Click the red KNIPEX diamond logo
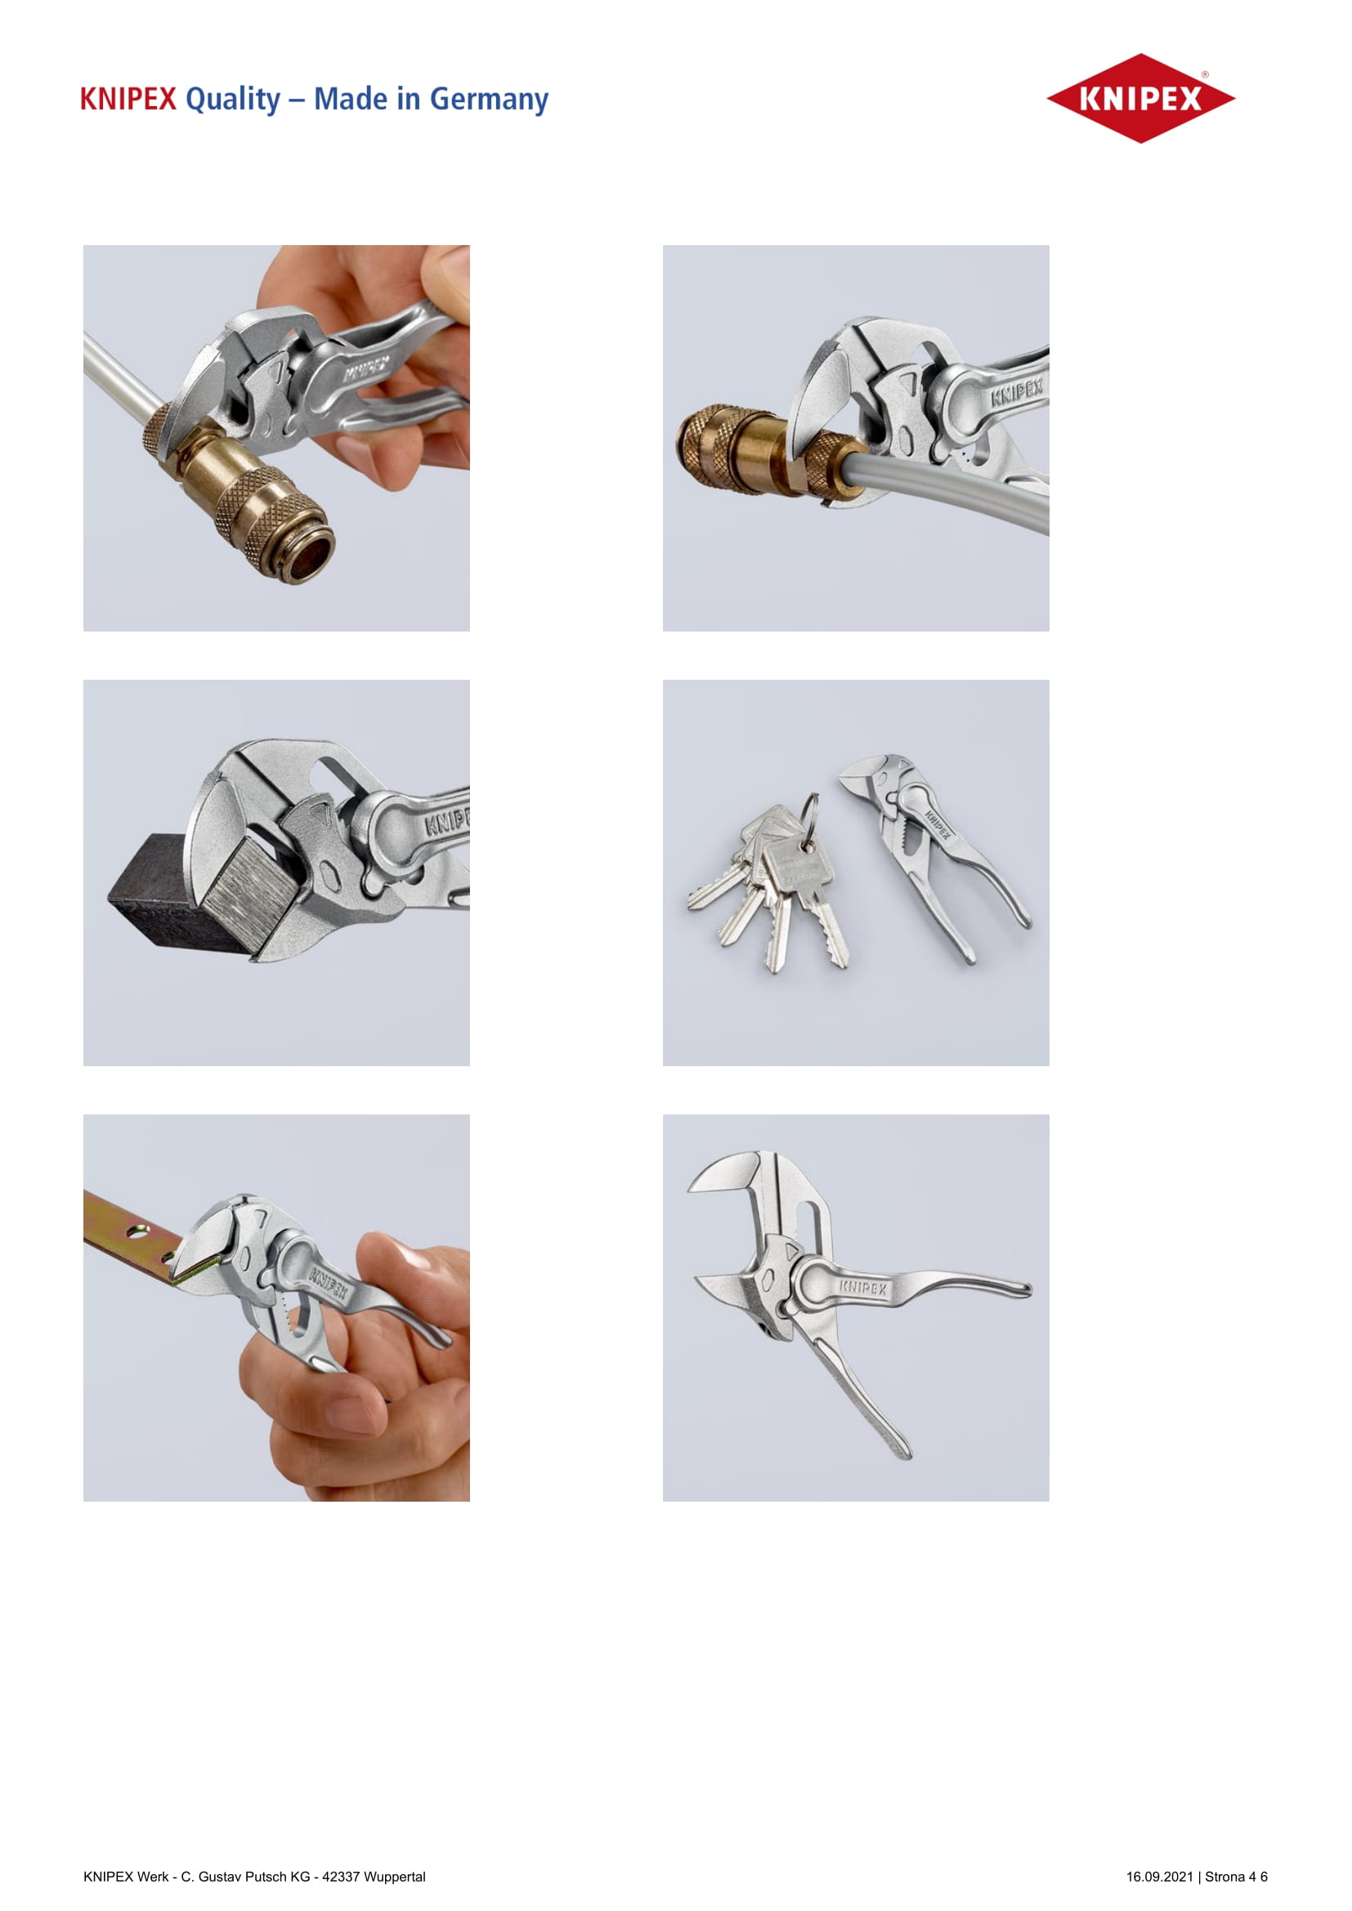tap(1139, 98)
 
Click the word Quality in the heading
tap(233, 99)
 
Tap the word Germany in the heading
tap(489, 99)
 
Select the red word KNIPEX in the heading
tap(128, 99)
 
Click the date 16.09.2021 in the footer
tap(1160, 1876)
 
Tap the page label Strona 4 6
tap(1236, 1876)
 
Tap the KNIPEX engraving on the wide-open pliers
tap(862, 1288)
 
